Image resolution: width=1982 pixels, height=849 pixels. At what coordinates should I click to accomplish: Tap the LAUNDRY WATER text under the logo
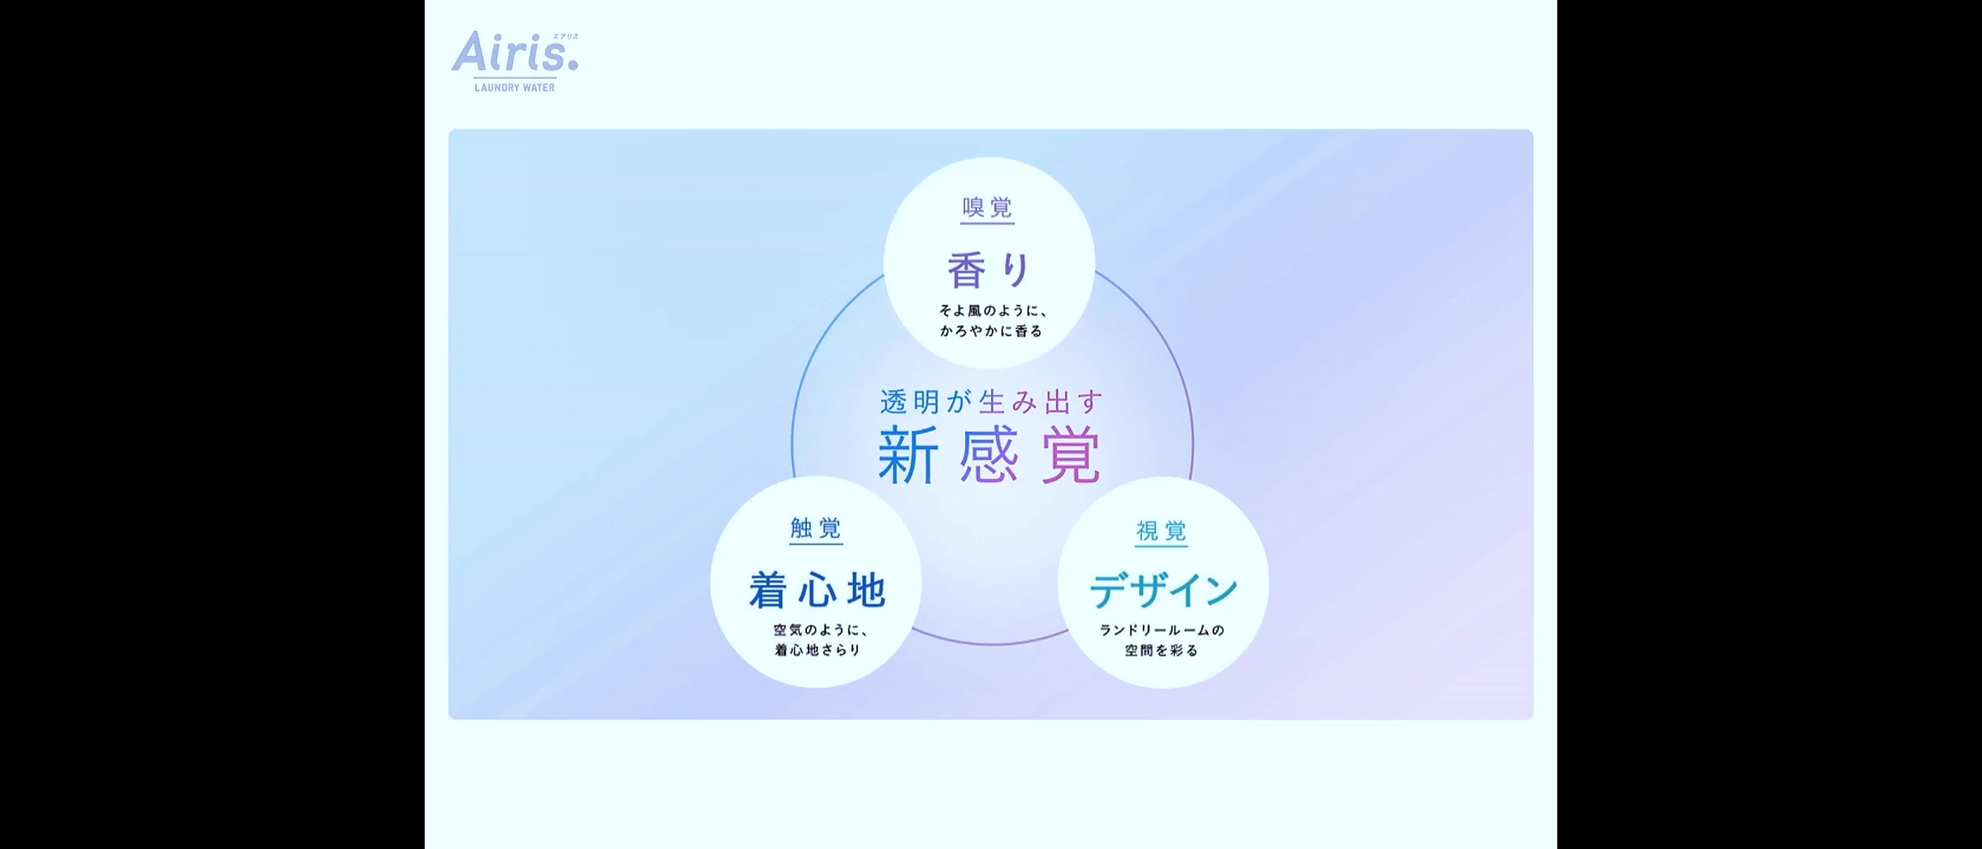(x=514, y=88)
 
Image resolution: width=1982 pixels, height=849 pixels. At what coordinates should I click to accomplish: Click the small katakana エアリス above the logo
(x=565, y=36)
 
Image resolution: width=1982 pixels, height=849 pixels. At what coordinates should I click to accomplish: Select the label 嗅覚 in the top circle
(x=988, y=208)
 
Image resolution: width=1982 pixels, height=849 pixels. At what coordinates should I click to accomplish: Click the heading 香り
(x=989, y=270)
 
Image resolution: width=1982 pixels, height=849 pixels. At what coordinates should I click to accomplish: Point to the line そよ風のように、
(x=993, y=311)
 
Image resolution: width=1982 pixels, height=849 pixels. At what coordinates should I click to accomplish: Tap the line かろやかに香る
(x=991, y=331)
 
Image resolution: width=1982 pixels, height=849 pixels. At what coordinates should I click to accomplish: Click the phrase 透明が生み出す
(x=991, y=402)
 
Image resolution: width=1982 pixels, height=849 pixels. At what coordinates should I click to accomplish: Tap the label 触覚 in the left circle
(x=816, y=527)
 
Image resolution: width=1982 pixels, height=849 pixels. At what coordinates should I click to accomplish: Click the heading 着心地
(x=817, y=590)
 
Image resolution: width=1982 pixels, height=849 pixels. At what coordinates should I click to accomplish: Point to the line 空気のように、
(x=820, y=630)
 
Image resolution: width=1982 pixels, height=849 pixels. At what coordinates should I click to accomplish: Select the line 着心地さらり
(x=818, y=650)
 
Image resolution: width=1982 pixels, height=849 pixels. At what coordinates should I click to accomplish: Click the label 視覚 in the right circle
(x=1162, y=531)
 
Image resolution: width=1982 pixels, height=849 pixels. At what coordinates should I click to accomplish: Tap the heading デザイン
(x=1164, y=590)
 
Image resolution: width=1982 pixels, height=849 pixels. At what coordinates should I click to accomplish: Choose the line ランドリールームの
(x=1162, y=630)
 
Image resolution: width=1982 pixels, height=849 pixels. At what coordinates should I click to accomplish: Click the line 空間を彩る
(x=1162, y=650)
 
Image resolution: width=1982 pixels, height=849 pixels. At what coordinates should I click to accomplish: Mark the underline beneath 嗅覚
(x=988, y=224)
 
